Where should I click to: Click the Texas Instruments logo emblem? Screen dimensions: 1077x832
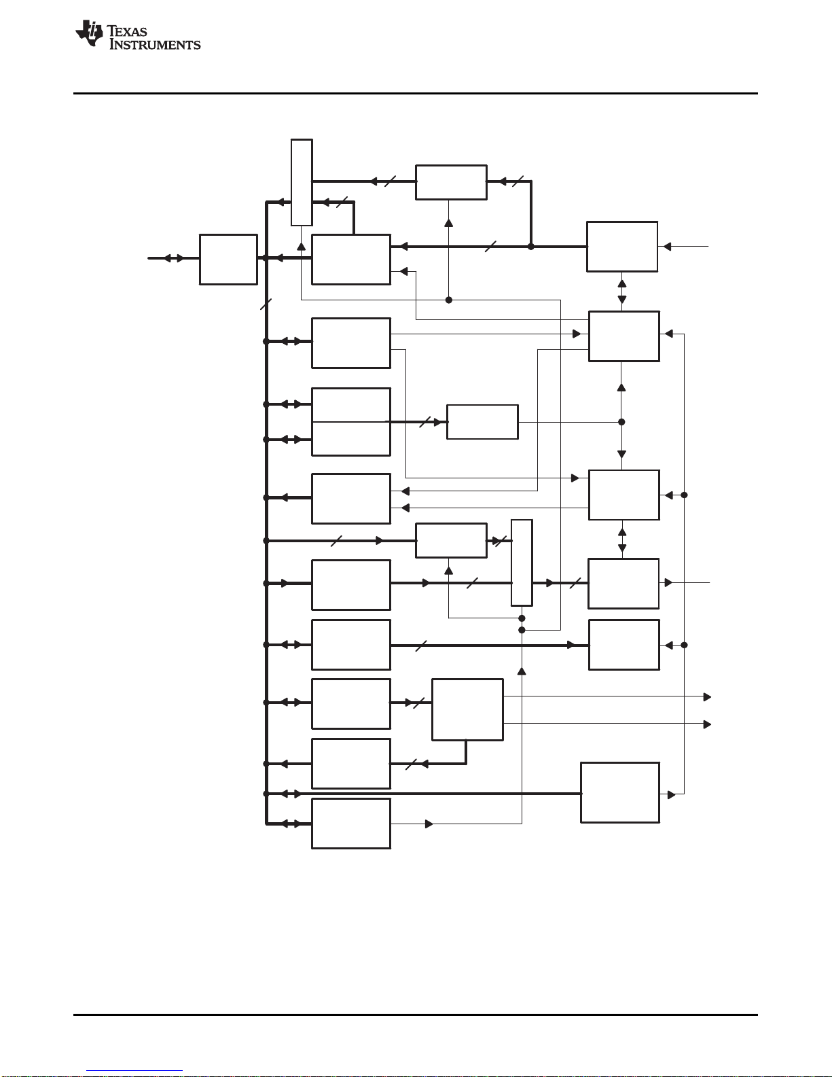(x=90, y=33)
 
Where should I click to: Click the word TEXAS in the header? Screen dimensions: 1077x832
(x=127, y=31)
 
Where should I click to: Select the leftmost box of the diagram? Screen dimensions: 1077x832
(x=228, y=260)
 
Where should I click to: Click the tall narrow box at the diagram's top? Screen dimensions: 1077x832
(x=302, y=182)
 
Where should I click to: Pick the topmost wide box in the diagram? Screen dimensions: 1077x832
(x=451, y=182)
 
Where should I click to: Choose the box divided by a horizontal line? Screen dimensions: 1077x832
(x=351, y=422)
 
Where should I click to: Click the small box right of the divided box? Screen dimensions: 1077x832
(x=482, y=422)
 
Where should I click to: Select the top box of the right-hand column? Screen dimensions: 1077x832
(x=622, y=247)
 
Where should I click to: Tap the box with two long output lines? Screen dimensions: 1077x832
(x=467, y=709)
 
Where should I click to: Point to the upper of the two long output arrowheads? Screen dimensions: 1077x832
(x=707, y=696)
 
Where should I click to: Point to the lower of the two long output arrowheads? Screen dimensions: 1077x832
(x=707, y=724)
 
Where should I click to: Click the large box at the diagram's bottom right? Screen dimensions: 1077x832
(x=619, y=792)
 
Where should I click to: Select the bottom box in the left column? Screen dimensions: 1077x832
(x=351, y=824)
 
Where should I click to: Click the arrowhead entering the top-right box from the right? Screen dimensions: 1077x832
(x=667, y=247)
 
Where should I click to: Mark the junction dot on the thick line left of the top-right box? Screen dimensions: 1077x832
(x=531, y=247)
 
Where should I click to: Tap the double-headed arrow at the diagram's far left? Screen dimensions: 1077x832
(x=174, y=258)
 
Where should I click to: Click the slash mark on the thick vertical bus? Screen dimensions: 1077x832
(x=266, y=305)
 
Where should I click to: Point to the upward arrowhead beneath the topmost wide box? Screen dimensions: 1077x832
(x=448, y=222)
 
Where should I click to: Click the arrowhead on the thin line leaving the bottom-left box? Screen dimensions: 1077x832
(x=429, y=824)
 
